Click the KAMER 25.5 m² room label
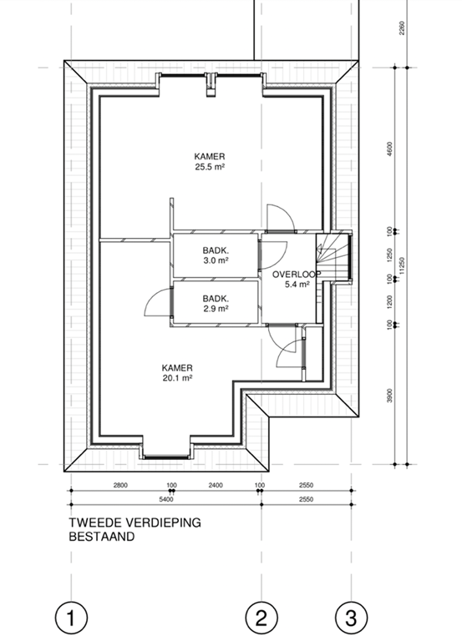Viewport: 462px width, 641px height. [210, 161]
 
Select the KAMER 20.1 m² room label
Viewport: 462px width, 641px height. [177, 372]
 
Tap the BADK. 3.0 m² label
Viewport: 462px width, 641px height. [216, 255]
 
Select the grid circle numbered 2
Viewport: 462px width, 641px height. [261, 618]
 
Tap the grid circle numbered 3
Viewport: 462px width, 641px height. [351, 618]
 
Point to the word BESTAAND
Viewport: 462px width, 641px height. [101, 538]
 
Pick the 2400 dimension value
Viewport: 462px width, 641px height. [215, 485]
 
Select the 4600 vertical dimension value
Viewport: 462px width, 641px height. [389, 148]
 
